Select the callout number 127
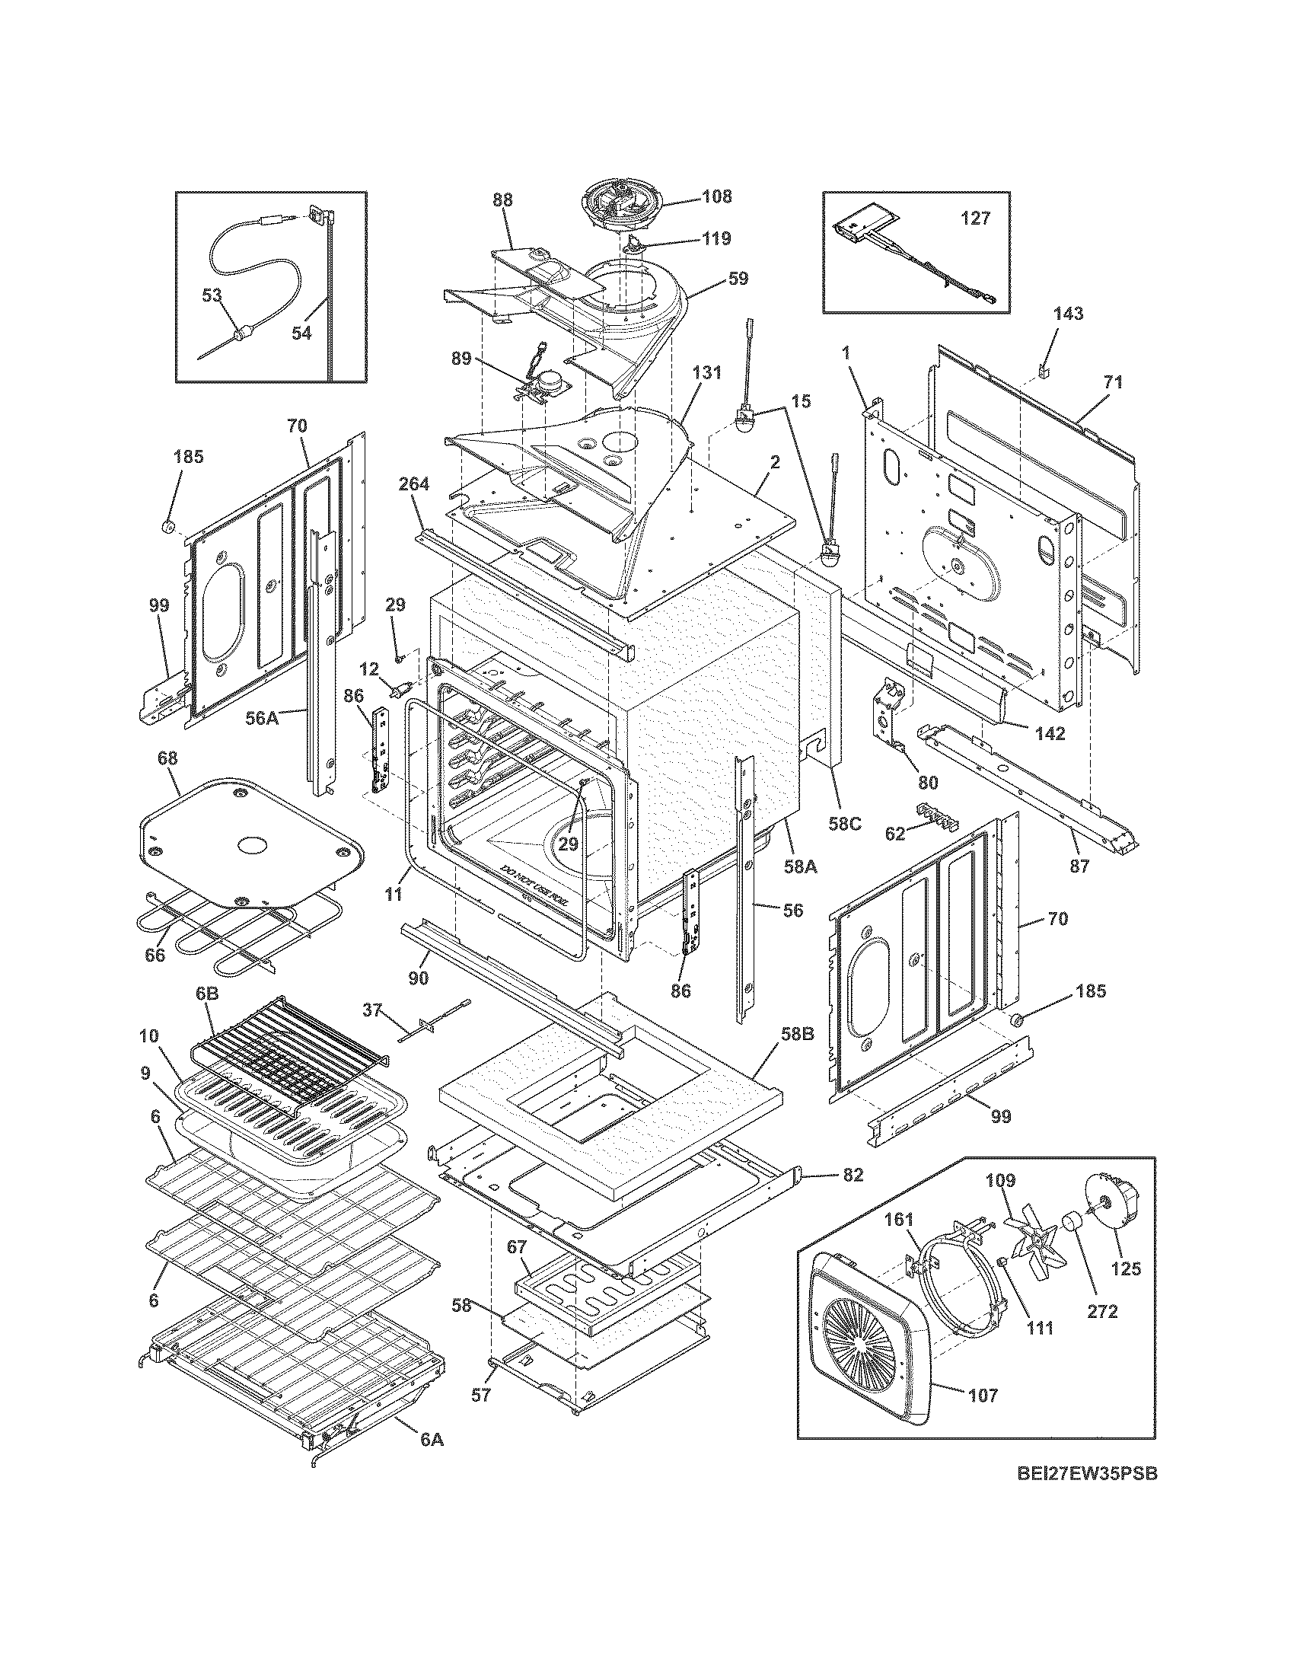click(x=976, y=219)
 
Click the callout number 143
click(x=1069, y=313)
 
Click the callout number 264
click(x=414, y=483)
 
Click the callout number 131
click(x=707, y=373)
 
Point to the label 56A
click(x=262, y=718)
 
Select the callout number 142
click(x=1049, y=732)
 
